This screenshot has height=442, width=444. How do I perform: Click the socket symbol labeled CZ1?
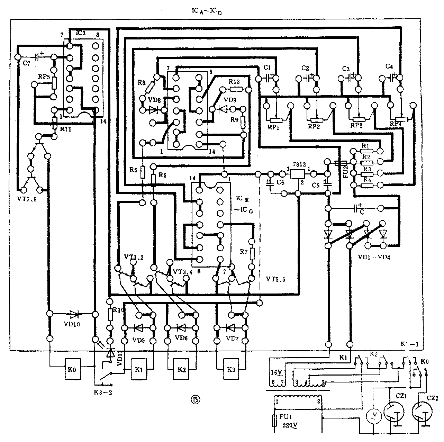click(x=394, y=412)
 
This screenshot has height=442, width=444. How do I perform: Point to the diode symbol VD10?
click(x=74, y=314)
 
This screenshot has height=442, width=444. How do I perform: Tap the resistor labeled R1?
click(x=367, y=151)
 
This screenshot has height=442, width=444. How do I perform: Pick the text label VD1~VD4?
click(x=374, y=257)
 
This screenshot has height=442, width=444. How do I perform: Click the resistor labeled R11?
click(x=55, y=123)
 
